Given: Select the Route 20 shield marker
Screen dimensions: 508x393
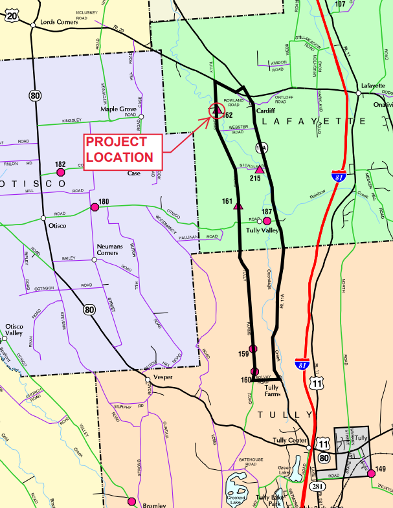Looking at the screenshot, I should [x=12, y=15].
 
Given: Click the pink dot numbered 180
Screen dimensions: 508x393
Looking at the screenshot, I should [x=95, y=206].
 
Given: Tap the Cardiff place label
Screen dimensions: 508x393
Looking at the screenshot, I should [x=265, y=111].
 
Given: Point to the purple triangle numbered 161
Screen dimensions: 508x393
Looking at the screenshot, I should [x=238, y=206].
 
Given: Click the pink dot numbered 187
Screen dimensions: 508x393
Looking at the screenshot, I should [x=267, y=221].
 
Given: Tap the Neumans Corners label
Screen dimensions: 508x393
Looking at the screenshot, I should [x=114, y=251].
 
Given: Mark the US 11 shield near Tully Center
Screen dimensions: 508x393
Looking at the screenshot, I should [x=322, y=445].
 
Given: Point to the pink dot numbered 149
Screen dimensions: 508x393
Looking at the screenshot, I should [x=371, y=474].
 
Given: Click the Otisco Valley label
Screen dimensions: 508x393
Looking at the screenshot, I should [x=14, y=330].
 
